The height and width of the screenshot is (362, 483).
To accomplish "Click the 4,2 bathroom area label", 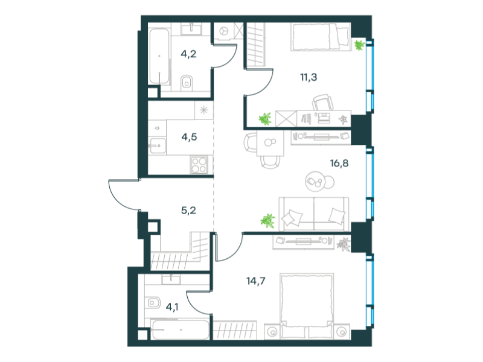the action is click(x=188, y=54).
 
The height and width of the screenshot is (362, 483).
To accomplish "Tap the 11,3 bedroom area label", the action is click(x=309, y=77).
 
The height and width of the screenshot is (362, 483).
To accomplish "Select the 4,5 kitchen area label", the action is click(x=189, y=137).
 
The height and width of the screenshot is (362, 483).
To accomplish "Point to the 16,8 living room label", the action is click(x=339, y=163).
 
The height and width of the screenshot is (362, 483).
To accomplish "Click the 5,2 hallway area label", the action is click(x=188, y=211).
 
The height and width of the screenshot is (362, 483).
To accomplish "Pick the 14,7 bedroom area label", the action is click(x=255, y=281).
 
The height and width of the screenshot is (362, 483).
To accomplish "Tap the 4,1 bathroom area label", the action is click(x=172, y=307).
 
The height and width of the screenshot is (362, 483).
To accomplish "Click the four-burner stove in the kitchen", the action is click(x=199, y=165).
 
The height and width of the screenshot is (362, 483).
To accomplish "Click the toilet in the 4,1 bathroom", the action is click(x=153, y=303).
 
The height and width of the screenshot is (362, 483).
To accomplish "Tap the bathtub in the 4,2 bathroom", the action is click(x=159, y=56).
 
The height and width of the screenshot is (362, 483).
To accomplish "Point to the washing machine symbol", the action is click(x=223, y=31).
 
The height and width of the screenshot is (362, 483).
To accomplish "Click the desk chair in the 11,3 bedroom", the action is click(x=323, y=103).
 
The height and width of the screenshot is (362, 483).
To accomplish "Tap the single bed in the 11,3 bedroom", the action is click(x=321, y=37).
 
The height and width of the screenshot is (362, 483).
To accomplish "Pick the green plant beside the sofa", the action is click(x=267, y=221).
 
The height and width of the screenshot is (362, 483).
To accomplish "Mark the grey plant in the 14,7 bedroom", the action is click(x=344, y=244).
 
